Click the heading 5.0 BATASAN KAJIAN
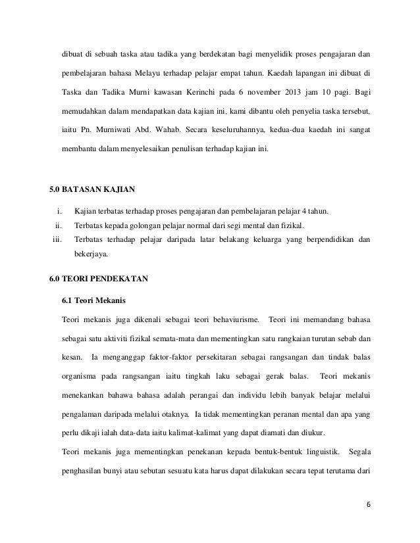92,191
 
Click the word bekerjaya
93,253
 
